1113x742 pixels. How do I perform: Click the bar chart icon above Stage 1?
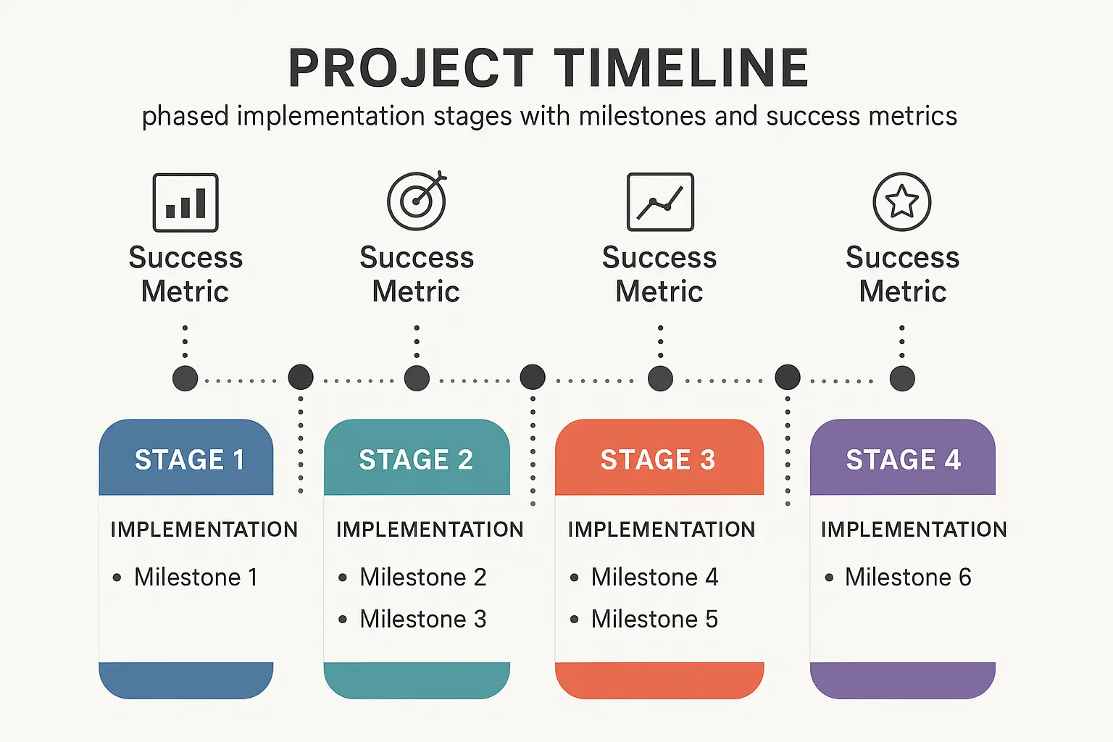[185, 202]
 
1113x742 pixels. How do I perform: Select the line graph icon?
[660, 202]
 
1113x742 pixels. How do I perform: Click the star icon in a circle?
[902, 201]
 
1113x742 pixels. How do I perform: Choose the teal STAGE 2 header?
[417, 459]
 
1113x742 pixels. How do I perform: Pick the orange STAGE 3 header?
[659, 459]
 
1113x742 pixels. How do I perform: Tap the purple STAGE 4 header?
[903, 459]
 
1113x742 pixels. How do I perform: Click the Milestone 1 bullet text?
[196, 578]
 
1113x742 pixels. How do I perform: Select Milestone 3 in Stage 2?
[422, 620]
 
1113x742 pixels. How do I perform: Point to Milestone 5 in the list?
[654, 620]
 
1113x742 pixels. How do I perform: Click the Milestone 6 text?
[908, 578]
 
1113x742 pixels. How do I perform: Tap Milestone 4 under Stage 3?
[654, 578]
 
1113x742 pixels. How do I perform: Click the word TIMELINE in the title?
[683, 68]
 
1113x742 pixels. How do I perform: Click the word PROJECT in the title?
[411, 68]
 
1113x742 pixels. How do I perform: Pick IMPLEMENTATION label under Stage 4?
[914, 530]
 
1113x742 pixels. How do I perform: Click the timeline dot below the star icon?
[902, 378]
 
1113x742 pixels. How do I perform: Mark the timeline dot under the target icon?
[417, 378]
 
